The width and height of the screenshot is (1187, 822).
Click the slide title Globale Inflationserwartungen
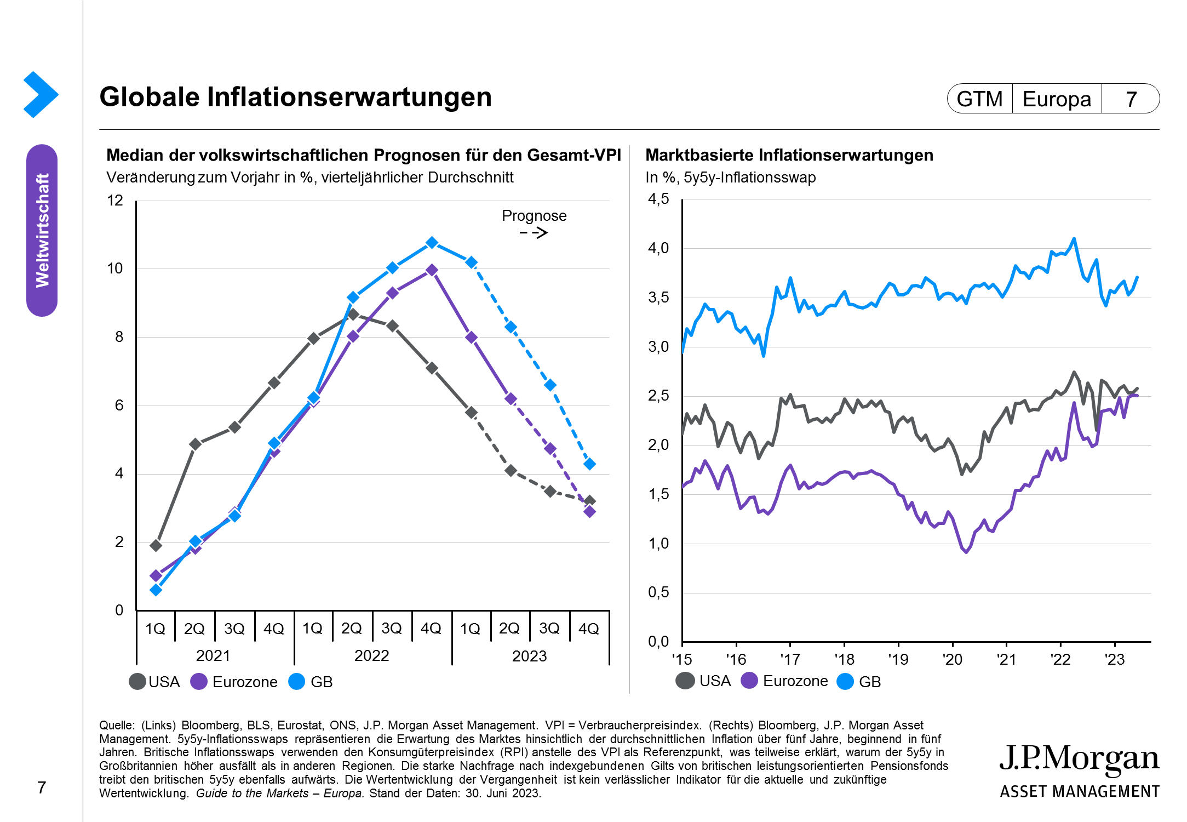pos(295,97)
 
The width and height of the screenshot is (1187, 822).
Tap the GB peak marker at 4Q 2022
pos(432,242)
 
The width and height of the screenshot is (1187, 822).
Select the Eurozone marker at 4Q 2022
pos(432,270)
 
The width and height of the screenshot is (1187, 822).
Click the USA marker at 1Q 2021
pos(156,545)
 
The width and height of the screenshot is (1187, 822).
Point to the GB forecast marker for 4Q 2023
pos(589,464)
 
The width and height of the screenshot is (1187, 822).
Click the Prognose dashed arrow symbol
pos(534,233)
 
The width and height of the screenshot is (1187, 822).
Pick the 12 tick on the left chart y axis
pos(115,201)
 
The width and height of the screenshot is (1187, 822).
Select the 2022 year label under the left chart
pos(371,655)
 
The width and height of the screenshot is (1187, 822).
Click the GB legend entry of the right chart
pos(860,682)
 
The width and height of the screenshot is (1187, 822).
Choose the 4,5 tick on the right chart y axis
pos(658,199)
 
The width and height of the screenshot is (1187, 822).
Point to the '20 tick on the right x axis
pos(952,659)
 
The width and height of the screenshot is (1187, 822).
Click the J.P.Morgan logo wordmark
pos(1079,760)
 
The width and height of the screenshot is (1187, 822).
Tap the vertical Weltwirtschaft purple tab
pos(42,230)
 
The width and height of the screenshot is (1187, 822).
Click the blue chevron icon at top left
pos(41,94)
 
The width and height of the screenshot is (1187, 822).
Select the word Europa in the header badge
pos(1057,99)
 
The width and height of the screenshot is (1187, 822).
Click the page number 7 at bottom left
pos(42,787)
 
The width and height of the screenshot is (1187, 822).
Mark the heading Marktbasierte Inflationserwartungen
pos(789,155)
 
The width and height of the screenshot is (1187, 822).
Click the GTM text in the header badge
pos(979,99)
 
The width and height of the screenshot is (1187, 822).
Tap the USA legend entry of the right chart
pos(704,681)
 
